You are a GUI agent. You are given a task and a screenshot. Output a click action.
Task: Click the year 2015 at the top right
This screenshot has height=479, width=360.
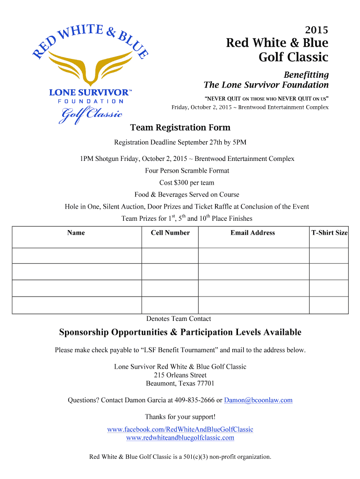pyautogui.click(x=317, y=30)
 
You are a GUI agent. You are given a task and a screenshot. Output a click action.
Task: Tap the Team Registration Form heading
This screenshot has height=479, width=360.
pyautogui.click(x=180, y=128)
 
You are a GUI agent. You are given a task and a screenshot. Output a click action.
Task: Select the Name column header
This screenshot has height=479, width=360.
pyautogui.click(x=76, y=232)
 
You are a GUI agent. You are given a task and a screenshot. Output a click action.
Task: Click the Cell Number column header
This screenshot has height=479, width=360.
pyautogui.click(x=170, y=232)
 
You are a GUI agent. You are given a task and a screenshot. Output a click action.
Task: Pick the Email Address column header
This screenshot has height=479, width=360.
pyautogui.click(x=252, y=232)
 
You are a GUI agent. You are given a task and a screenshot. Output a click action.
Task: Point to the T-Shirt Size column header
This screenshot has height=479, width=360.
pyautogui.click(x=330, y=232)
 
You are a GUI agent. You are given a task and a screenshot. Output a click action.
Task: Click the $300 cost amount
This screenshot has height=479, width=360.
pyautogui.click(x=180, y=182)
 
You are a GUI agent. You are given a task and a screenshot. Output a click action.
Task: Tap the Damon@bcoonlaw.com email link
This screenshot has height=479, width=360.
pyautogui.click(x=258, y=400)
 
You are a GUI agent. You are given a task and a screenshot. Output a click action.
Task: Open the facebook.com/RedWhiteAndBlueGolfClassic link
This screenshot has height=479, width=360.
pyautogui.click(x=180, y=429)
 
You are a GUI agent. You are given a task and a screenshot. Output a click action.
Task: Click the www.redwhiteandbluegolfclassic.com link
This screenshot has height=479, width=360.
pyautogui.click(x=180, y=438)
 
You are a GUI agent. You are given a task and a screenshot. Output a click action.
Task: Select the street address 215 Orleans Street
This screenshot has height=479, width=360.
pyautogui.click(x=180, y=375)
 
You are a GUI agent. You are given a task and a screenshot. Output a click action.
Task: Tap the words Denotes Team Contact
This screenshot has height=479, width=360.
pyautogui.click(x=179, y=319)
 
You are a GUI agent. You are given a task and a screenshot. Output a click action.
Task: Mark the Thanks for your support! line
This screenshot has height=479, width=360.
pyautogui.click(x=180, y=417)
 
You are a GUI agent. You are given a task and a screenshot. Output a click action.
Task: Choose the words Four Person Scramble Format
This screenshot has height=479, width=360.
pyautogui.click(x=187, y=171)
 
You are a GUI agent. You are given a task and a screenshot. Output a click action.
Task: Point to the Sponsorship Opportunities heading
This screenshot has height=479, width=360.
pyautogui.click(x=180, y=333)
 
